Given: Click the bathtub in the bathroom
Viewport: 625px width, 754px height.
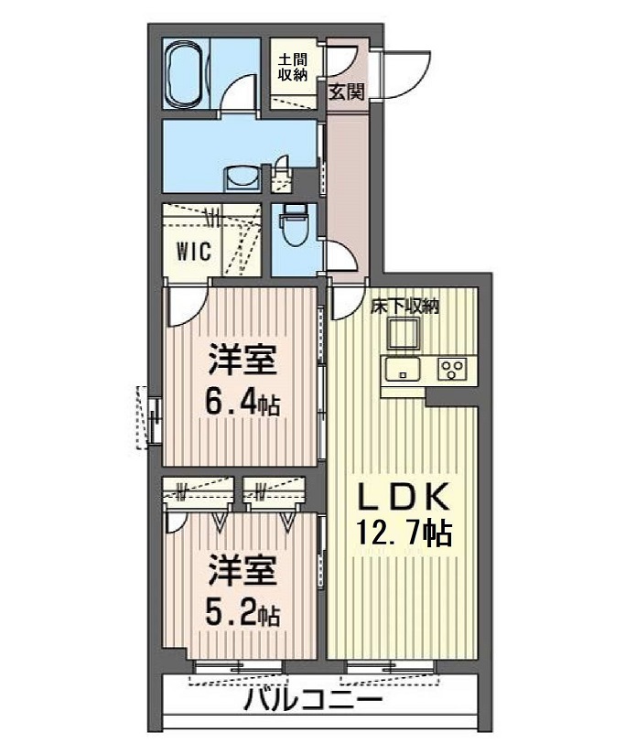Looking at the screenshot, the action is coord(184,73).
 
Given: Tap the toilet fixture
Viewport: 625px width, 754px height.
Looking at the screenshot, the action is coord(293,224).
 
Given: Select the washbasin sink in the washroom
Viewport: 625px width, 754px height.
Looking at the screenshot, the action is coord(243,178).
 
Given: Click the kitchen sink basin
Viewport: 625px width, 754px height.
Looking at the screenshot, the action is coord(401,370).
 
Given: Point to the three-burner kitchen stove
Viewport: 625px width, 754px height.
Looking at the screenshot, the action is coord(451,370).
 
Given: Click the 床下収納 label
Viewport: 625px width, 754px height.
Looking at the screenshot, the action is coord(404,306).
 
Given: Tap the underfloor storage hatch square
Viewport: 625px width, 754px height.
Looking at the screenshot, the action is coord(404,332).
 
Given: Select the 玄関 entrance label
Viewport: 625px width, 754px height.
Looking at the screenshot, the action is coord(346,92).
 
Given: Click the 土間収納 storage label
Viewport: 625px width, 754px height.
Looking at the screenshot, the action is coord(293,68).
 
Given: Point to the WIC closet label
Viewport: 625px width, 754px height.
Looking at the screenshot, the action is coord(193,251).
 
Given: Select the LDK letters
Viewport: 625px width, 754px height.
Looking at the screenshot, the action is coord(403,497).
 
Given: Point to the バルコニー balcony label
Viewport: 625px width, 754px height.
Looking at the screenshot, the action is coord(313,699).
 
